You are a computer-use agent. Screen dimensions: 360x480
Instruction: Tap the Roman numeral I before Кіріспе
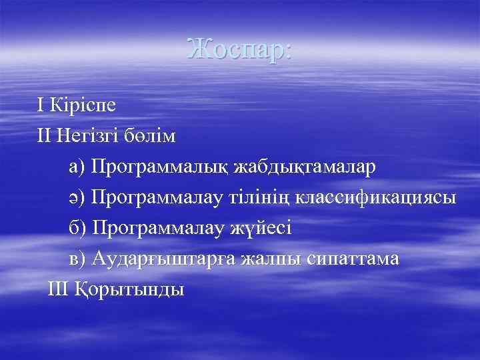point(41,105)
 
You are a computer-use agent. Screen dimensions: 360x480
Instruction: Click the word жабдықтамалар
point(304,167)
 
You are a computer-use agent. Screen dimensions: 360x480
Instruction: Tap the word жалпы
point(269,259)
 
